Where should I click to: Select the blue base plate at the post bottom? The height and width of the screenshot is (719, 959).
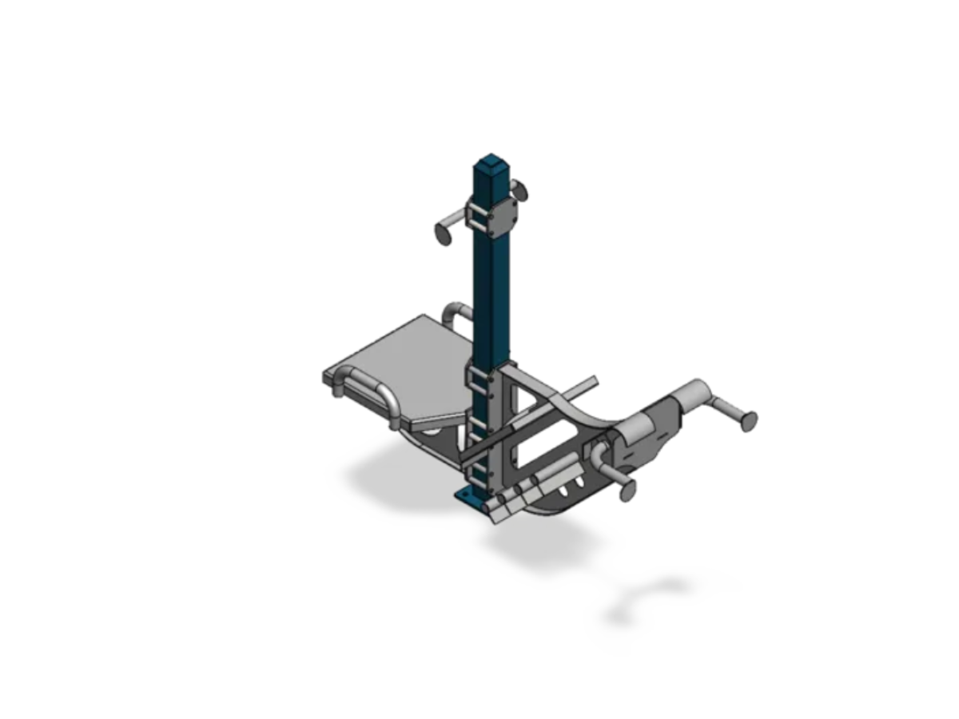pyautogui.click(x=469, y=499)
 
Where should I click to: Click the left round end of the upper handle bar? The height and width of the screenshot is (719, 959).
pyautogui.click(x=443, y=233)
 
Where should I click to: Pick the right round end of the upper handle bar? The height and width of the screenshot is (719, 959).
pyautogui.click(x=519, y=190)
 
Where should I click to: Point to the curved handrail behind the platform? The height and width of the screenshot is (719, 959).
pyautogui.click(x=458, y=312)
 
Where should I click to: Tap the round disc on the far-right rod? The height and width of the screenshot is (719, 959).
pyautogui.click(x=748, y=420)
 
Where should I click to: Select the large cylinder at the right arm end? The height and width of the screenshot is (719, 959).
pyautogui.click(x=691, y=395)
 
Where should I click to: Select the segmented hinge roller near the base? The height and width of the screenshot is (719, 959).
pyautogui.click(x=527, y=494)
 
